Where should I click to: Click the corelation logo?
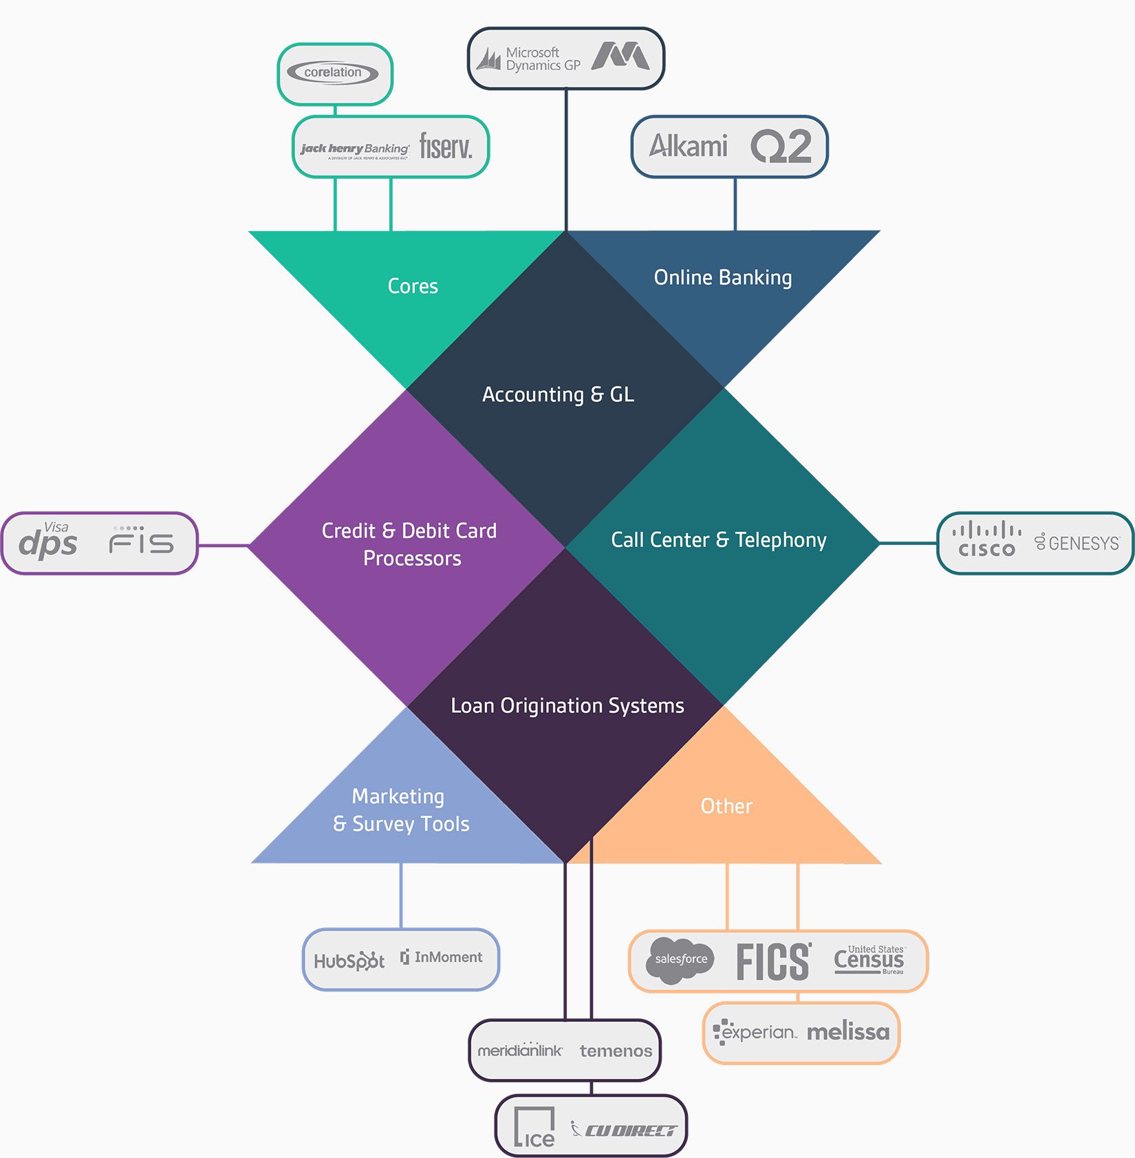[333, 73]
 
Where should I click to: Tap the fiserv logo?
[446, 147]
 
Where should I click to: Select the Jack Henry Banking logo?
[355, 149]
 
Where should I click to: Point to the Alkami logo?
[688, 146]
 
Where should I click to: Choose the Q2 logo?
[781, 146]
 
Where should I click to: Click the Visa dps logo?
[48, 542]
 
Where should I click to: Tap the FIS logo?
[142, 542]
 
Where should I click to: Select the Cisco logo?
[986, 539]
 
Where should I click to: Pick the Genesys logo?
[1077, 543]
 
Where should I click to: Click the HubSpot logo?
[349, 961]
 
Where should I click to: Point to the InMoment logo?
[442, 957]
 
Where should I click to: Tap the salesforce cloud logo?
[680, 959]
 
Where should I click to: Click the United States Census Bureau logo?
[869, 959]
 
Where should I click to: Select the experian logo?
[755, 1032]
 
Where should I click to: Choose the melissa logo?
[847, 1032]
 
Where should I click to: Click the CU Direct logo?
[624, 1130]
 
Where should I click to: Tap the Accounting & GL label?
[558, 394]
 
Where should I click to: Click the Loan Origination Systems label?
[567, 705]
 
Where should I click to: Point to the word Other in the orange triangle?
[726, 806]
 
